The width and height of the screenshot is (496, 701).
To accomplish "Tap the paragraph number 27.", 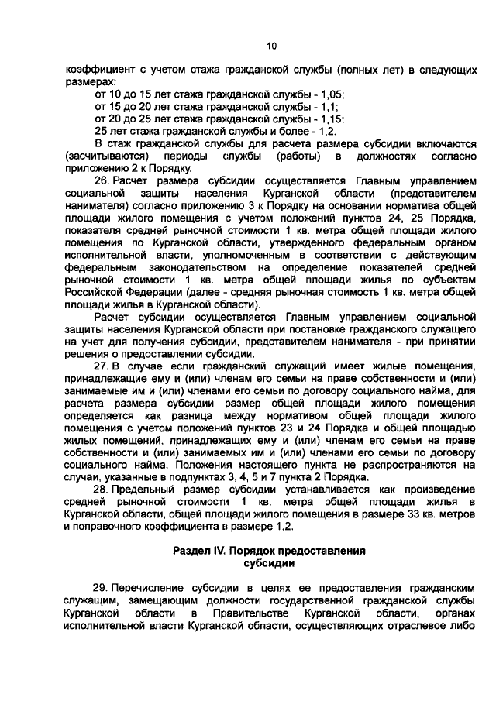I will tap(102, 366).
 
